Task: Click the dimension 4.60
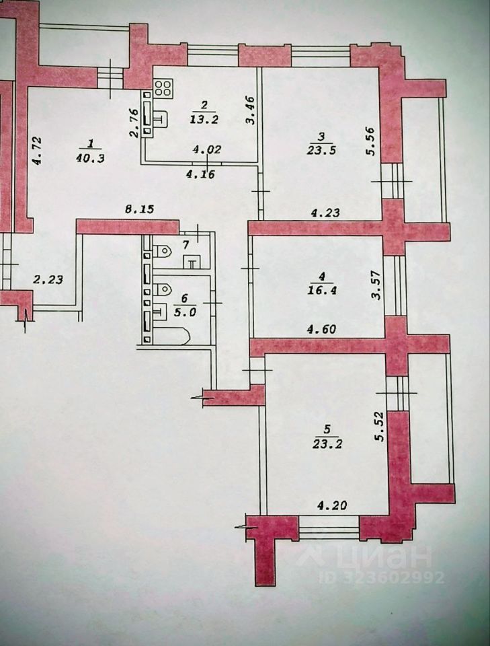click(321, 330)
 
